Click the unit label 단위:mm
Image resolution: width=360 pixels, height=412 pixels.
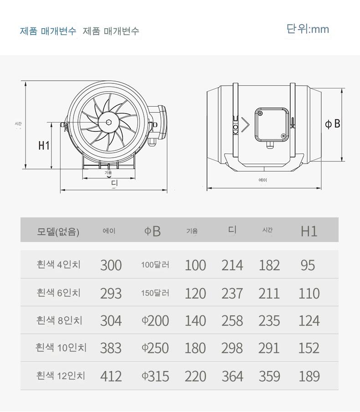tap(308, 29)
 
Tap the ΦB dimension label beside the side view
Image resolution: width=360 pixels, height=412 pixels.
tap(332, 124)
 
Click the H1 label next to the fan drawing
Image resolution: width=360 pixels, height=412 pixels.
tap(44, 145)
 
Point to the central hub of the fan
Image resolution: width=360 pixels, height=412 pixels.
tap(108, 122)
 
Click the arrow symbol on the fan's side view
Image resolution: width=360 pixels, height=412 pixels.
tap(245, 125)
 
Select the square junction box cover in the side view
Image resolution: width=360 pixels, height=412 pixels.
tap(272, 124)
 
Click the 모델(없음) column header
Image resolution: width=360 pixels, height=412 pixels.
tap(58, 232)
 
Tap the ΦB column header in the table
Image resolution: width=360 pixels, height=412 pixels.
tap(152, 231)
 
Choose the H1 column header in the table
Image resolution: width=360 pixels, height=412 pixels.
tap(309, 231)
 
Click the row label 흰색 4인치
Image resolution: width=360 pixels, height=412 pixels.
tap(59, 264)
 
